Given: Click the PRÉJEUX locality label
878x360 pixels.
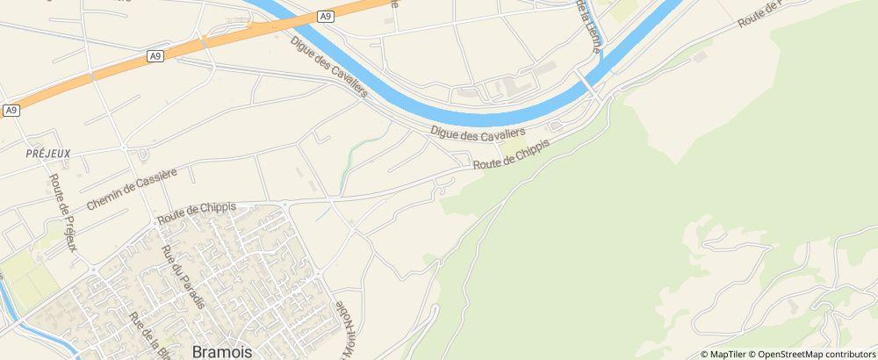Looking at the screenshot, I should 48,152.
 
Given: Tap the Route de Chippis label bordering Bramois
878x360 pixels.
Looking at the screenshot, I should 197,212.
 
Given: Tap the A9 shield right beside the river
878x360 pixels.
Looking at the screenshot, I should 326,16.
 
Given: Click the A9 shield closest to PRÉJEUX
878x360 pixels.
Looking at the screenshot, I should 11,110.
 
